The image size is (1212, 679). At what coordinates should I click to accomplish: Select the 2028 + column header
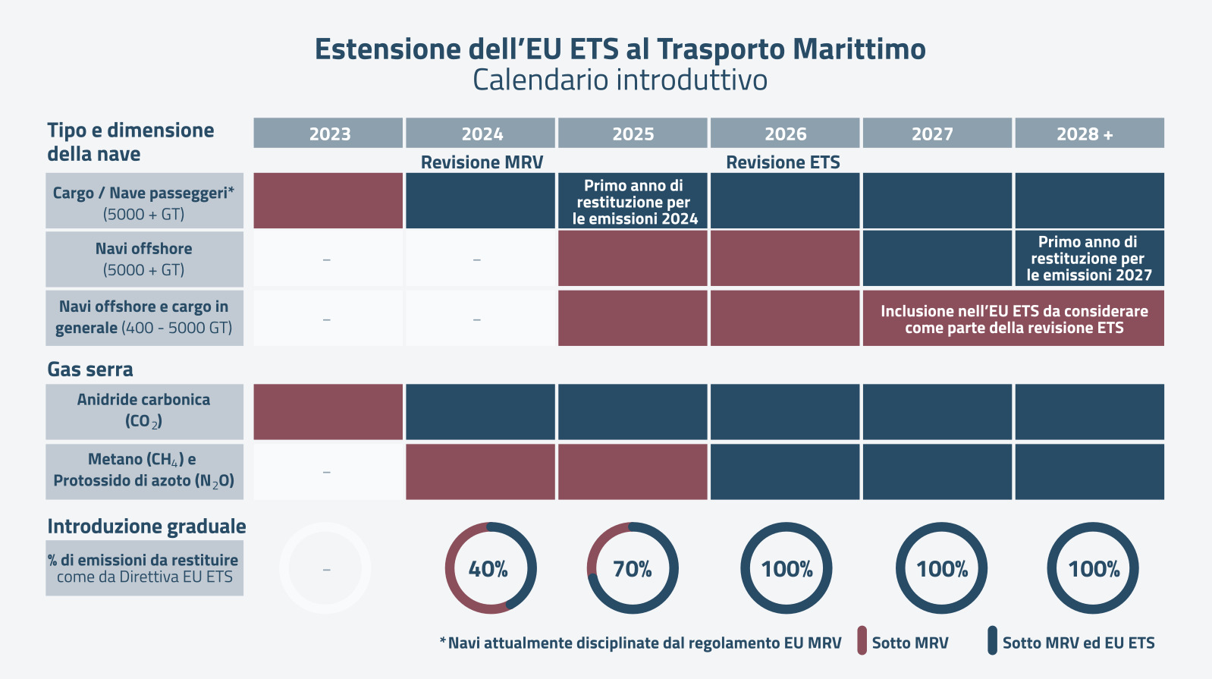[x=1089, y=134]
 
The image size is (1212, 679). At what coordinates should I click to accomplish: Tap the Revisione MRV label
[x=482, y=162]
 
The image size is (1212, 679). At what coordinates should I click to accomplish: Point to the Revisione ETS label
[x=783, y=162]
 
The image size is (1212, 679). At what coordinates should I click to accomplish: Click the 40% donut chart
[x=490, y=568]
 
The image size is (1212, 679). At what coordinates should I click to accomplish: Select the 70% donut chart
[x=633, y=568]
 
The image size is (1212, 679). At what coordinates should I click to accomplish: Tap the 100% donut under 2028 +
[x=1093, y=568]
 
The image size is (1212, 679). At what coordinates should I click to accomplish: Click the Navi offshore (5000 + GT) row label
[x=144, y=259]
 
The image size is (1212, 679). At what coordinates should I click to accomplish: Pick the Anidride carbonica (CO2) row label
[x=144, y=411]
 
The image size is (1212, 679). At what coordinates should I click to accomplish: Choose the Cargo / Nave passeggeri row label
[x=144, y=202]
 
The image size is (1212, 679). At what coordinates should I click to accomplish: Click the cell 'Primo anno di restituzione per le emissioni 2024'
[x=633, y=202]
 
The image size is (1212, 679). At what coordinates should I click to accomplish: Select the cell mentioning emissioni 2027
[x=1089, y=259]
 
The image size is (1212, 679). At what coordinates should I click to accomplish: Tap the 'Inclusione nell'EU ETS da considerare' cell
[x=1013, y=319]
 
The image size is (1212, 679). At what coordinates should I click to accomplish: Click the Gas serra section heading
[x=90, y=369]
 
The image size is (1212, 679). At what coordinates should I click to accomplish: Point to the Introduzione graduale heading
[x=146, y=527]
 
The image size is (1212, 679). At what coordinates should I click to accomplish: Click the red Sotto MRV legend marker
[x=862, y=641]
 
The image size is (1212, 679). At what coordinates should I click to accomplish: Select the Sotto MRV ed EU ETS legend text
[x=1078, y=643]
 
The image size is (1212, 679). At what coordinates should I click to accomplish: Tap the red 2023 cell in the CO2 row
[x=328, y=412]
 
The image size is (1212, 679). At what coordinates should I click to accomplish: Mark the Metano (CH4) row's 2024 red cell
[x=480, y=472]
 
